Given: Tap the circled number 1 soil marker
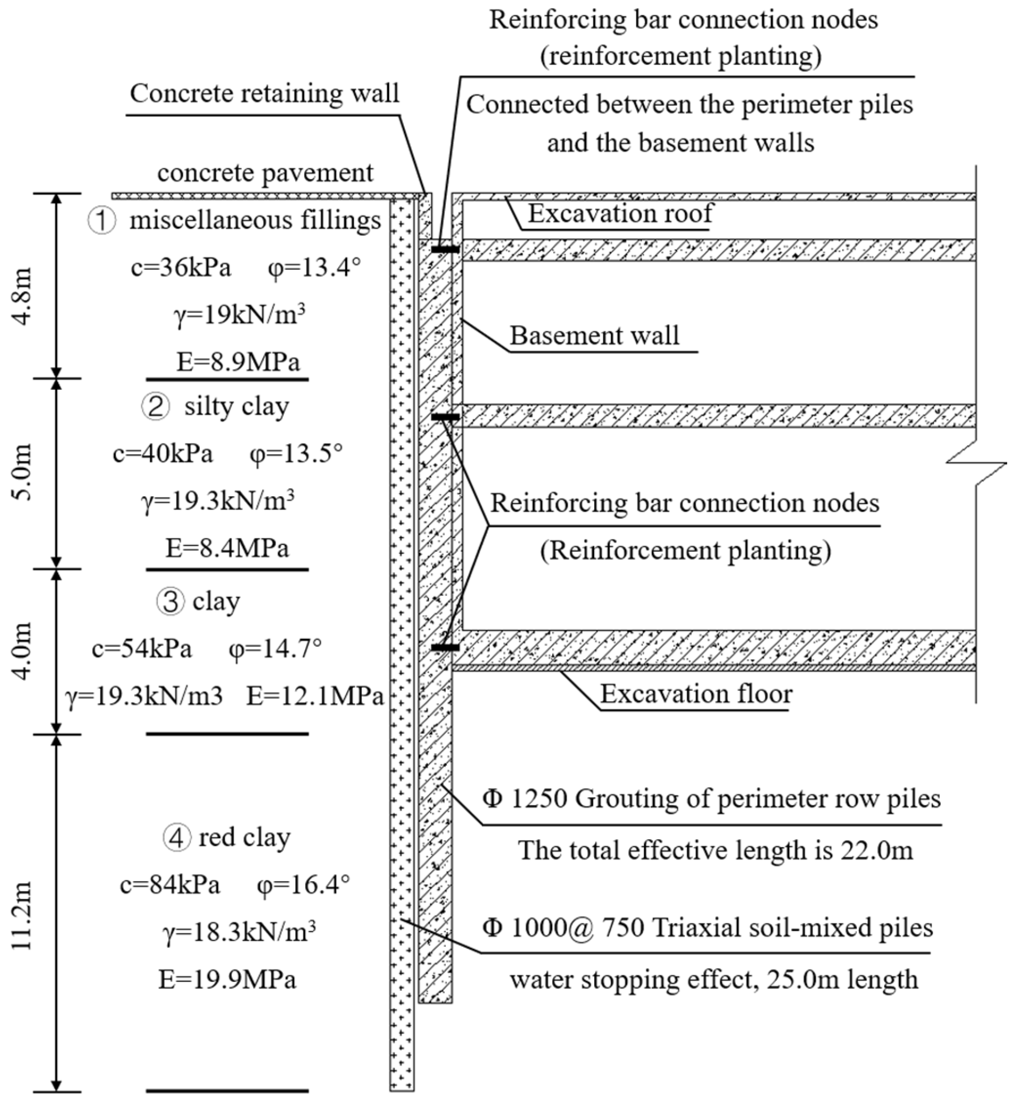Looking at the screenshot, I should pos(102,222).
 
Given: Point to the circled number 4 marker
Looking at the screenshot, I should pos(176,838).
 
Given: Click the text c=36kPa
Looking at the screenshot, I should pos(181,268).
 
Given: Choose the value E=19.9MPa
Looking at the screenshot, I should pos(227,979).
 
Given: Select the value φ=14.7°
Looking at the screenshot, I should pos(275,648).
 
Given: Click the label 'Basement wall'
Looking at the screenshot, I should pos(594,335).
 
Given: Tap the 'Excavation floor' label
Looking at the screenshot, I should pos(696,693).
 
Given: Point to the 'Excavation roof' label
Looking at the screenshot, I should pos(620,213).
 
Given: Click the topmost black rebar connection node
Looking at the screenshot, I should pos(445,250).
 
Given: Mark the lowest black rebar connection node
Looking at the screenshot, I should pos(445,648).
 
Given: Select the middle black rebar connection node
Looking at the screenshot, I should pos(445,417).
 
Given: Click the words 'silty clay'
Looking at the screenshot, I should pos(237,407).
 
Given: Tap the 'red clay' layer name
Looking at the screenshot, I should pos(244,838).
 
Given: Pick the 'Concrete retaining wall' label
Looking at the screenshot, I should pos(265,93).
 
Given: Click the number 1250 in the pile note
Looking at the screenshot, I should pos(539,799).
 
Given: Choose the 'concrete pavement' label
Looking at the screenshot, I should pos(265,173).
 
